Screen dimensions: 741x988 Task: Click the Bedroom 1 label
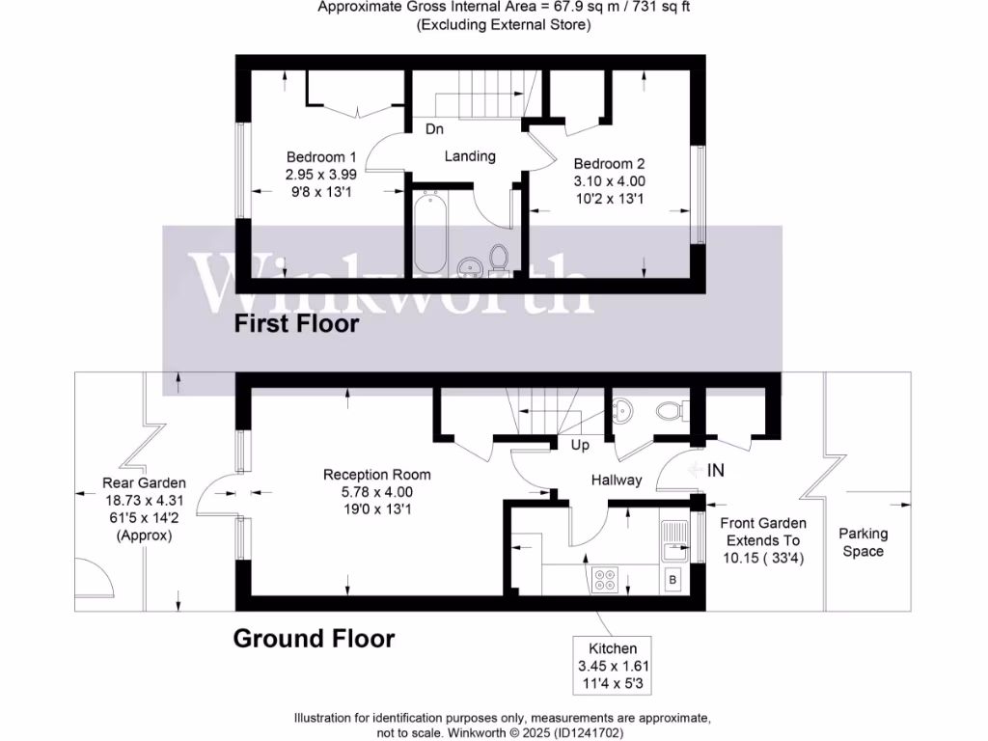click(x=321, y=157)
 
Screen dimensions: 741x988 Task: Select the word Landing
click(x=470, y=155)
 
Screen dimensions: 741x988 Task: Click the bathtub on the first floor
click(x=428, y=233)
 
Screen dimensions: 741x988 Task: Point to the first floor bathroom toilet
click(x=499, y=259)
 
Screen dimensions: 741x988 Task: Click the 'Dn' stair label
click(x=434, y=129)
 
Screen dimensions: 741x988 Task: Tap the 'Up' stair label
click(x=581, y=446)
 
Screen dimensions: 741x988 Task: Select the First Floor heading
click(x=296, y=324)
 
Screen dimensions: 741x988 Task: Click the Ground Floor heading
click(x=314, y=638)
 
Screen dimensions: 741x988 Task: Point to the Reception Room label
click(x=376, y=475)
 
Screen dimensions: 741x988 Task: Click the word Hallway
click(x=617, y=480)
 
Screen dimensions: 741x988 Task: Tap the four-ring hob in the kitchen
click(x=606, y=580)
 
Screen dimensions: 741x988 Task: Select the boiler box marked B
click(x=672, y=581)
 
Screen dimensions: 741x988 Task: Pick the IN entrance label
click(x=716, y=470)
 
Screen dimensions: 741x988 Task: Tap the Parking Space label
click(x=863, y=542)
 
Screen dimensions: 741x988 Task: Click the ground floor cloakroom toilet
click(x=669, y=412)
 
